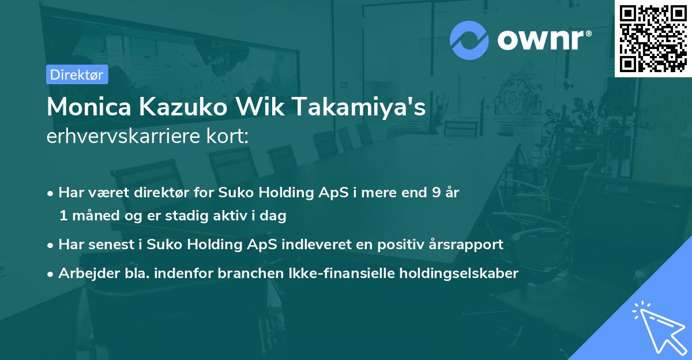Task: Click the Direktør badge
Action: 77,74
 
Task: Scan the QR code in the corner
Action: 653,38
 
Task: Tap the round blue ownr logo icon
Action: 469,40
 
